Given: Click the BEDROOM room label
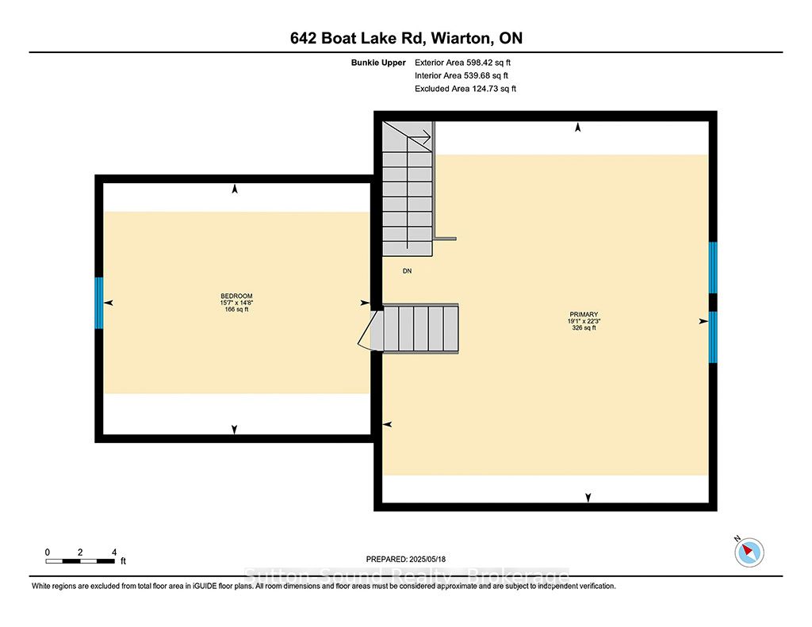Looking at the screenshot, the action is (236, 296).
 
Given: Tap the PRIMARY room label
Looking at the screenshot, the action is (584, 314).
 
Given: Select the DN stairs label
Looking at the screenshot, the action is (407, 271).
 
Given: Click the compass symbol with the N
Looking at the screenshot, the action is (749, 552).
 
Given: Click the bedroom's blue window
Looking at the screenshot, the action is (99, 303).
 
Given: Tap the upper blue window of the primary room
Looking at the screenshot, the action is (713, 268).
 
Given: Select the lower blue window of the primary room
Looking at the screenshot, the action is (713, 337).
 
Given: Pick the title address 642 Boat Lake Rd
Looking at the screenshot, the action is (358, 38).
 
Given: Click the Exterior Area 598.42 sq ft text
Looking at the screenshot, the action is (462, 63).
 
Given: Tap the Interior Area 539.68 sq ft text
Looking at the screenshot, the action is (462, 75).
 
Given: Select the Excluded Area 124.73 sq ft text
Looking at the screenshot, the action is (465, 89).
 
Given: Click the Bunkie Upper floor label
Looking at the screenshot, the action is (378, 63).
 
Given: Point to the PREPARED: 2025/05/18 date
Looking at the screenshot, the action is (406, 559).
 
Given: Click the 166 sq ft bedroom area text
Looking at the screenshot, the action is (236, 310).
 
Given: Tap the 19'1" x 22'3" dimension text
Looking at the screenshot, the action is (584, 321).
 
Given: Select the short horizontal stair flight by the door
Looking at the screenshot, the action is (420, 329).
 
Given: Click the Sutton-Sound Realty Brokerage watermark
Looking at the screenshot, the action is (407, 575).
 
